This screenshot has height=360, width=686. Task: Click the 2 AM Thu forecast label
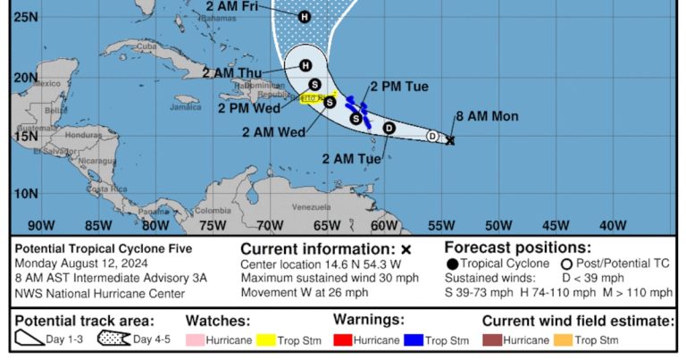(232, 73)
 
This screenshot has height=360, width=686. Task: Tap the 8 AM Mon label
(486, 116)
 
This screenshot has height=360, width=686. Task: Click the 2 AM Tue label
(351, 158)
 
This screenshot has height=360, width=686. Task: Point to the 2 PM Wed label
(246, 108)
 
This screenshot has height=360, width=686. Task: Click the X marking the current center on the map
(450, 140)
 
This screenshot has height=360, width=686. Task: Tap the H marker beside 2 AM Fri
(305, 17)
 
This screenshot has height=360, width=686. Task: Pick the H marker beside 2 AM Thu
(305, 65)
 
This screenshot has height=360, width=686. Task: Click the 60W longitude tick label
(384, 225)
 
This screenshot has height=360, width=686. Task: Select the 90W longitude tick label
(41, 225)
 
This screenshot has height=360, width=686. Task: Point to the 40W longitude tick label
(613, 225)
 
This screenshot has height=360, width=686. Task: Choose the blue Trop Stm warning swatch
(412, 340)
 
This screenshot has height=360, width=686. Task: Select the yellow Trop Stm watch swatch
(264, 340)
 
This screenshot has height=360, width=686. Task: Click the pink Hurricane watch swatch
(195, 340)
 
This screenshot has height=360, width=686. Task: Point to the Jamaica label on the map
(186, 107)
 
